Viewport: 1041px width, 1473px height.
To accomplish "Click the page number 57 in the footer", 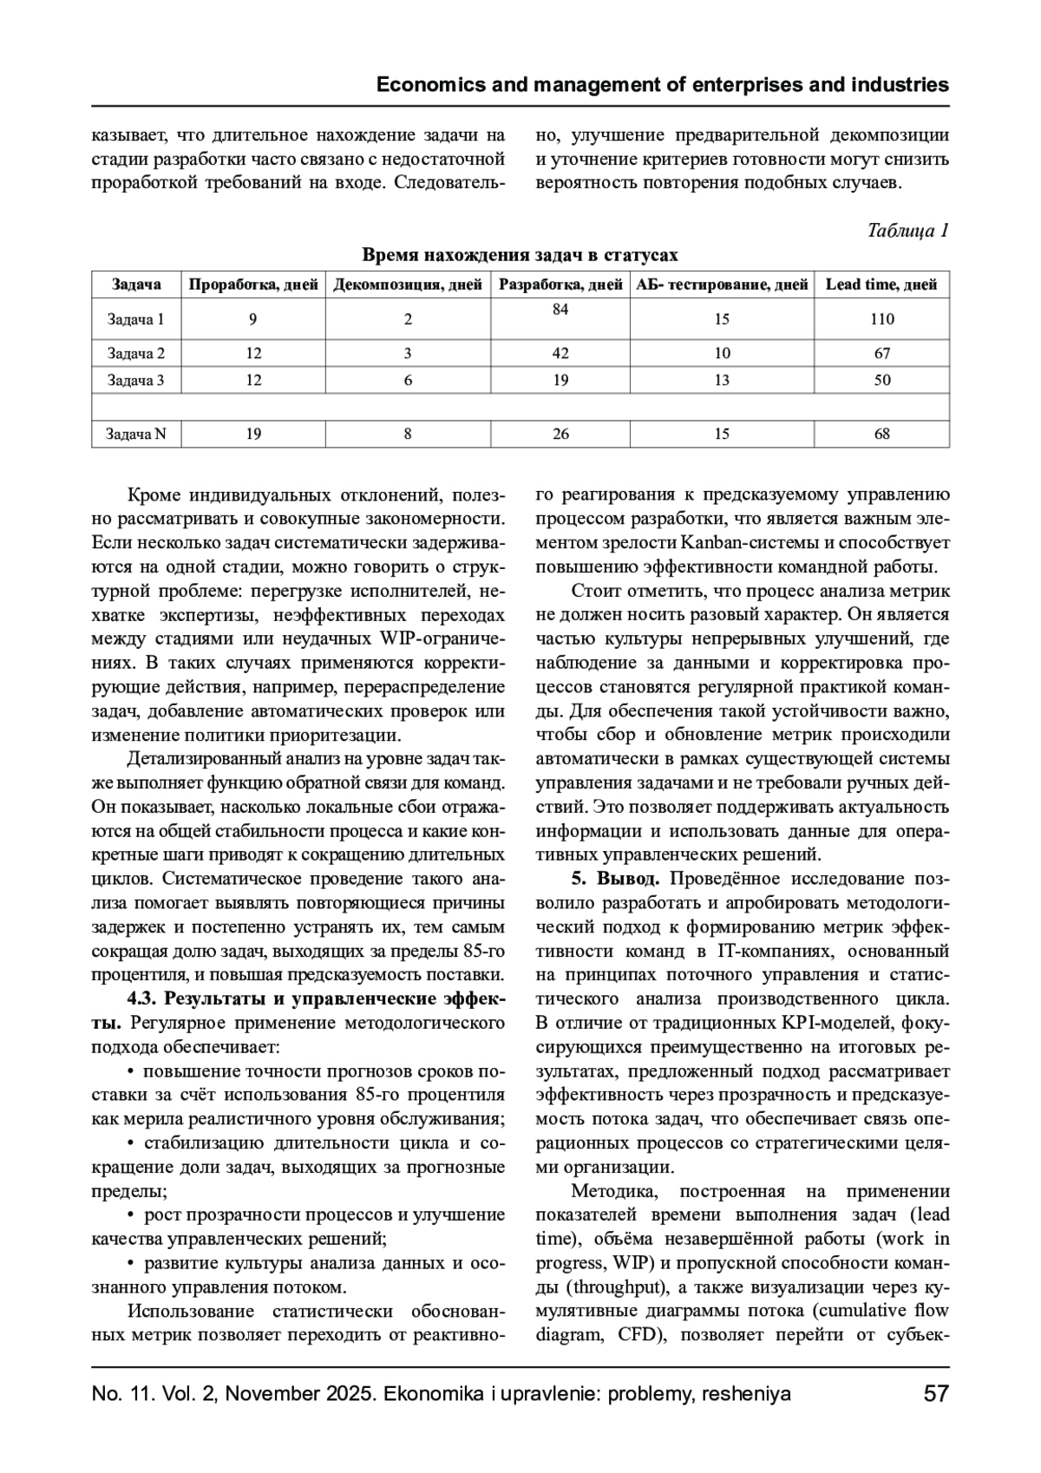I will [x=936, y=1394].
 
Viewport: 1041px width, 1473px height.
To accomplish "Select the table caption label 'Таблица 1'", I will [x=907, y=231].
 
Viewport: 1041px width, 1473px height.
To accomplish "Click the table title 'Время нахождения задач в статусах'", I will [x=520, y=255].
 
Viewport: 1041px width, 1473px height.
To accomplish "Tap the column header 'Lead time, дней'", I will [x=881, y=285].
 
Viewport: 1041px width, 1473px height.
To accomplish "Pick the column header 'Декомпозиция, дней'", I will [x=408, y=285].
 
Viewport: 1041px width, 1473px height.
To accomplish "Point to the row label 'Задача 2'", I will [x=136, y=353].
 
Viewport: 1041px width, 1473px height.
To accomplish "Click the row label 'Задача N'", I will [x=136, y=434].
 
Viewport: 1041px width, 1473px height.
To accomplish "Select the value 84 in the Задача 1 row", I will [x=560, y=309].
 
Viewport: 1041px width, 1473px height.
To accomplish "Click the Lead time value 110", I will [x=881, y=319].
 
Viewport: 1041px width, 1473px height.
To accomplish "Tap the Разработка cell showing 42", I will [x=560, y=353].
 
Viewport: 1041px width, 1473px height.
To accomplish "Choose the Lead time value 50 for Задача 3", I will [x=881, y=380].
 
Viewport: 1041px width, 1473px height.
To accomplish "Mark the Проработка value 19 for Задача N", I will [x=253, y=434].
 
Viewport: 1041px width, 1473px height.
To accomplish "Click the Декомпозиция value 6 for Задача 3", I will [x=408, y=380].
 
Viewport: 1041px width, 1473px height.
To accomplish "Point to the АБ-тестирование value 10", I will [x=722, y=353].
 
